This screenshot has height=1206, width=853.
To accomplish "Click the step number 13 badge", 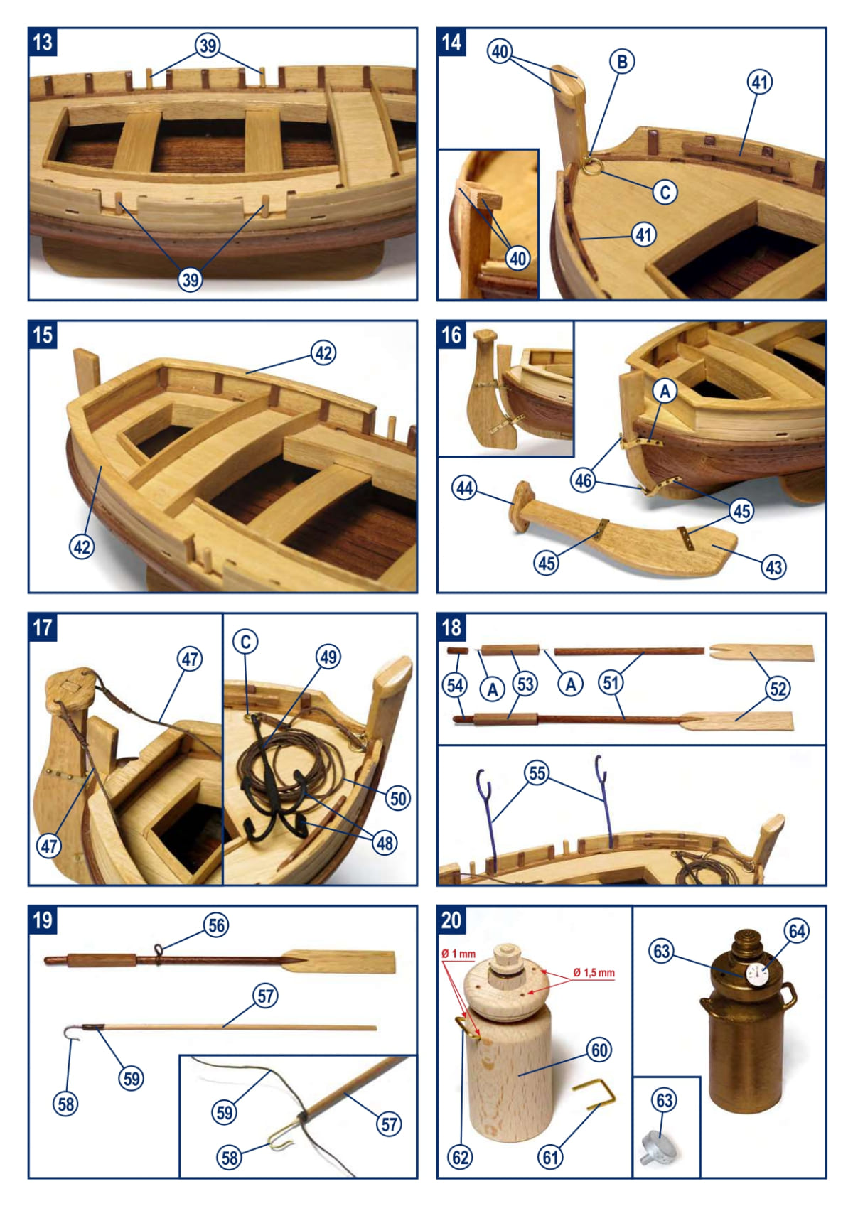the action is click(x=43, y=42).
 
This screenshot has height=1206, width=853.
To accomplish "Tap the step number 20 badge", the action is click(x=451, y=920).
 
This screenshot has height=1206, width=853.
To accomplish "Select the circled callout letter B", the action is click(x=622, y=62).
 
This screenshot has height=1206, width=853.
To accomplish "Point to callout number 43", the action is click(x=773, y=567).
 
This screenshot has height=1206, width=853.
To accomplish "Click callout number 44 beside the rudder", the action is click(x=465, y=488).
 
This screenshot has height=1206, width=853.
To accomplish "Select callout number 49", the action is click(x=328, y=657).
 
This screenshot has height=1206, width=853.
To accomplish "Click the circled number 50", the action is click(x=398, y=799).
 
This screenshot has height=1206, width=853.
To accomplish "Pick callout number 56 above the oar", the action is click(x=217, y=925).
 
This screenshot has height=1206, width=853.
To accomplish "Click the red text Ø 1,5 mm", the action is click(x=594, y=972).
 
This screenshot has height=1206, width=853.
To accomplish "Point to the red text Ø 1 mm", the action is click(x=458, y=954).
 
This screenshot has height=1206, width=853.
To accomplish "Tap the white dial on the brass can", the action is click(x=756, y=973).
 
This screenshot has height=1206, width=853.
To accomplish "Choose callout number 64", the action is click(x=797, y=932).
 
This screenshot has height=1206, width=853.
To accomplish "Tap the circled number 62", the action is click(x=461, y=1157).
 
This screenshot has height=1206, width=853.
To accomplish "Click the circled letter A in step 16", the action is click(x=665, y=392).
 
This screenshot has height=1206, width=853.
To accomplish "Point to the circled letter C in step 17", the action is click(x=245, y=641).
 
